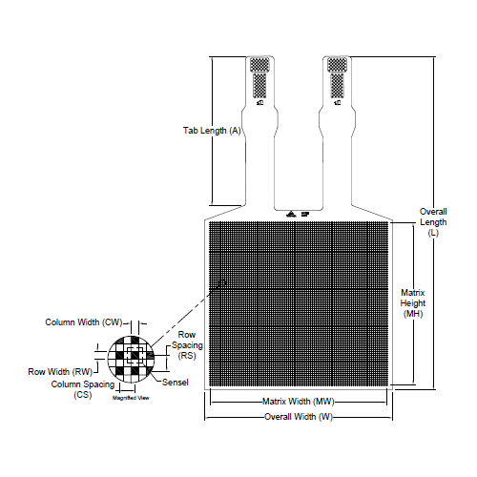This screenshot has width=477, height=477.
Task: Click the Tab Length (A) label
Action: [211, 131]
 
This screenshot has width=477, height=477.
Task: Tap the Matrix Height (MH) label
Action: [412, 302]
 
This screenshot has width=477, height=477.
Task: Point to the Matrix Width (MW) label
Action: [298, 402]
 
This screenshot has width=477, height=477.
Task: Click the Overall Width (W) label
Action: [299, 417]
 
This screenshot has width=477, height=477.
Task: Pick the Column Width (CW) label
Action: [84, 322]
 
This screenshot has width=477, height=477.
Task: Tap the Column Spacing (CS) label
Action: [83, 388]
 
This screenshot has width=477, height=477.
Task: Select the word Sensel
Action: [176, 383]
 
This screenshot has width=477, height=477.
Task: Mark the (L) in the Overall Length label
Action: [433, 233]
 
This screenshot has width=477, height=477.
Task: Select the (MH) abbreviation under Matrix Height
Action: [412, 314]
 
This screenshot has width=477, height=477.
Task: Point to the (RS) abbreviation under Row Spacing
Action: [186, 355]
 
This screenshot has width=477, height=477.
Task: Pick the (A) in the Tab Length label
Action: [235, 131]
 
